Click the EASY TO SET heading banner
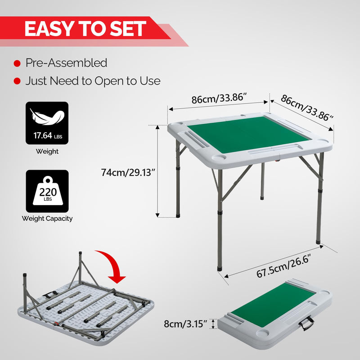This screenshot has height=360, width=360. pyautogui.click(x=85, y=29)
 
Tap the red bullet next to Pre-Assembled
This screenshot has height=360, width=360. pyautogui.click(x=17, y=63)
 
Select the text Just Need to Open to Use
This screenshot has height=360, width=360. pyautogui.click(x=93, y=81)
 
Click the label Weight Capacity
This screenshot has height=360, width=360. pyautogui.click(x=47, y=219)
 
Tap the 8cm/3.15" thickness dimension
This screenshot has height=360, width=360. pyautogui.click(x=185, y=324)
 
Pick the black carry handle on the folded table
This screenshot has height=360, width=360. pyautogui.click(x=307, y=323)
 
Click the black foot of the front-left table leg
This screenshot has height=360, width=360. pyautogui.click(x=219, y=267)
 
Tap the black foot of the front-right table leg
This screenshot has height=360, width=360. pyautogui.click(x=319, y=242)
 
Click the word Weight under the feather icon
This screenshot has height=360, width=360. pyautogui.click(x=47, y=152)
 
